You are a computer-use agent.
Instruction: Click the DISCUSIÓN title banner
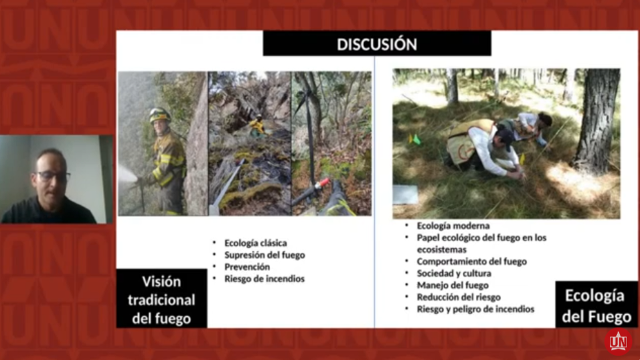pyautogui.click(x=377, y=43)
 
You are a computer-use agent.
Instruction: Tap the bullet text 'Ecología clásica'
pyautogui.click(x=255, y=243)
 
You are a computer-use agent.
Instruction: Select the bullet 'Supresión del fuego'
pyautogui.click(x=265, y=255)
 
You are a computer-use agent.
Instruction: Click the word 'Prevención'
pyautogui.click(x=247, y=267)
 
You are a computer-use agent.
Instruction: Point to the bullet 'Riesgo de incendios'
pyautogui.click(x=264, y=278)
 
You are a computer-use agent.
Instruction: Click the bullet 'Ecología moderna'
pyautogui.click(x=453, y=225)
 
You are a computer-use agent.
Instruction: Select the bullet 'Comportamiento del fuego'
pyautogui.click(x=472, y=261)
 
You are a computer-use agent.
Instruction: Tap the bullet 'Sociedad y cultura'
pyautogui.click(x=454, y=273)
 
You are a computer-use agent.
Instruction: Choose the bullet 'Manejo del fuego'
pyautogui.click(x=453, y=285)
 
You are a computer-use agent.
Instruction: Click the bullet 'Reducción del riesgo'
pyautogui.click(x=459, y=297)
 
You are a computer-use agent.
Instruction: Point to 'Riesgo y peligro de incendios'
pyautogui.click(x=475, y=309)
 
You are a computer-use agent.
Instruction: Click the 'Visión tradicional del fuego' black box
pyautogui.click(x=161, y=298)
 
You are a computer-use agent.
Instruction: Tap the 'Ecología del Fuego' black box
pyautogui.click(x=597, y=304)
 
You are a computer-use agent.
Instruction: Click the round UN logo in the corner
pyautogui.click(x=618, y=341)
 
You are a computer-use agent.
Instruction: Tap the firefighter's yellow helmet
pyautogui.click(x=159, y=115)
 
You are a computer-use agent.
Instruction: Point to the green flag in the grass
pyautogui.click(x=417, y=139)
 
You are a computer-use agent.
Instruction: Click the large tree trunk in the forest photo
pyautogui.click(x=597, y=120)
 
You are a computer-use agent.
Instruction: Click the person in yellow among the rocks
pyautogui.click(x=256, y=126)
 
